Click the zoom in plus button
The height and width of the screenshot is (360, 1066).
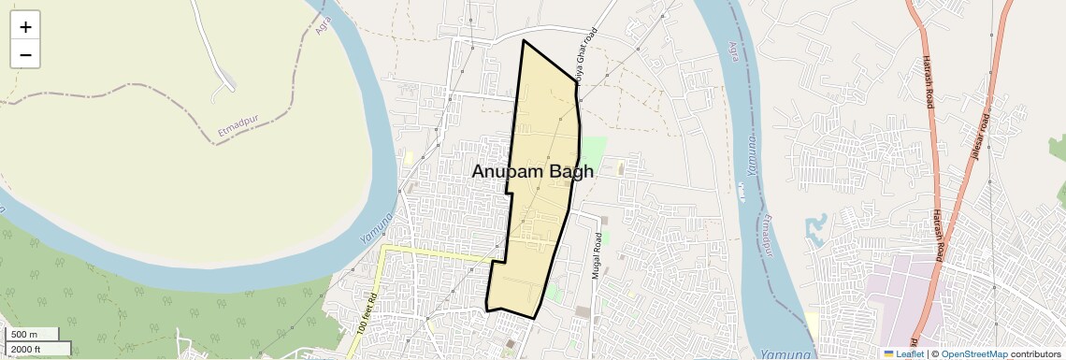(x=25, y=27)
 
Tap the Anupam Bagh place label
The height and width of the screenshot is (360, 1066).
(x=532, y=172)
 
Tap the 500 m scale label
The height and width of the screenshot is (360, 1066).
(x=24, y=335)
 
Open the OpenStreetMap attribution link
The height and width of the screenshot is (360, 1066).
(x=974, y=354)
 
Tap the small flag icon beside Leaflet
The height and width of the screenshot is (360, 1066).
(x=889, y=354)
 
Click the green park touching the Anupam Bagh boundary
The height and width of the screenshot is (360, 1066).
(x=592, y=150)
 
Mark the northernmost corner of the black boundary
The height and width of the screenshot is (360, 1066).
(x=524, y=40)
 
